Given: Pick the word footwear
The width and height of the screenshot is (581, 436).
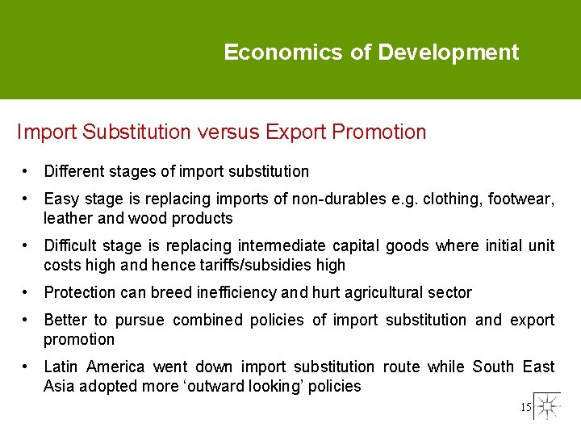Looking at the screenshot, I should (524, 199).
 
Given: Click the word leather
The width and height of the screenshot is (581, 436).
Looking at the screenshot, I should (68, 218).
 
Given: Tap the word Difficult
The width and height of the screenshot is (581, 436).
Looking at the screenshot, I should (70, 245).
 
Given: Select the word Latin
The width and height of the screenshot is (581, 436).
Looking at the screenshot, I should (61, 367).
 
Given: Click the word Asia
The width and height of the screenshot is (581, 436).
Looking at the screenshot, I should (59, 386).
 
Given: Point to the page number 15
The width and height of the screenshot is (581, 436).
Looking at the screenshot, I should (526, 408).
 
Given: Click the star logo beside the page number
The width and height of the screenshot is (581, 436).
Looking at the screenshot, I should (548, 406).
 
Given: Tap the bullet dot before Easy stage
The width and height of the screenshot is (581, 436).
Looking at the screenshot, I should (27, 199).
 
